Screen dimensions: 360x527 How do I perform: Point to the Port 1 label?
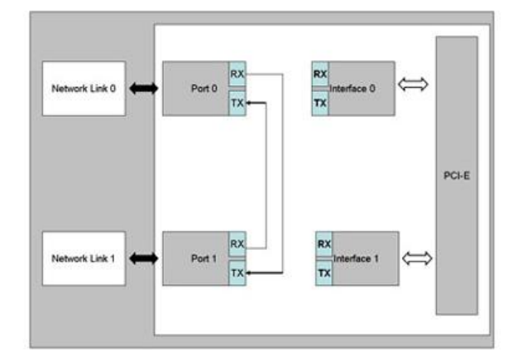click(204, 259)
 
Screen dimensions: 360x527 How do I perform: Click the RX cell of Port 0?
click(237, 73)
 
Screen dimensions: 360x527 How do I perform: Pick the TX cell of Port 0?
click(237, 103)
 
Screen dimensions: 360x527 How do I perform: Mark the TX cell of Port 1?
click(237, 272)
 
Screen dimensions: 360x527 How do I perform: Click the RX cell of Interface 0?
click(320, 74)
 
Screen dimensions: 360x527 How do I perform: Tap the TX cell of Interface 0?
click(320, 103)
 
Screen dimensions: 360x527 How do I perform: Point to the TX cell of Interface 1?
click(323, 272)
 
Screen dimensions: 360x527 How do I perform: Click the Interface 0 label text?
click(353, 89)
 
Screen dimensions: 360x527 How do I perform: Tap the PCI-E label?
click(456, 176)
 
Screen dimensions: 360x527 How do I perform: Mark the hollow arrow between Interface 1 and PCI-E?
click(416, 258)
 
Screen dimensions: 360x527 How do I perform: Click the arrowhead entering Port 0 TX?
click(251, 103)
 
